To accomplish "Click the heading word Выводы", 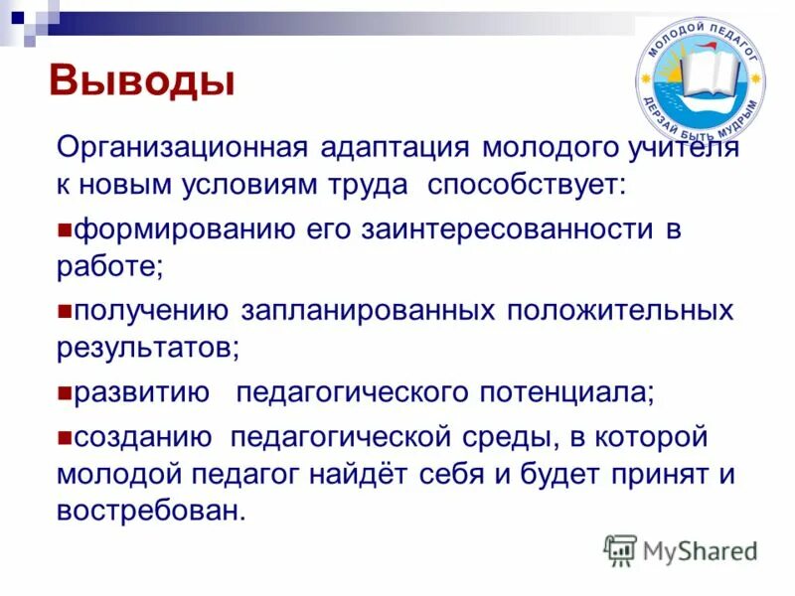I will point(142,80).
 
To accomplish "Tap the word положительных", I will point(621,311).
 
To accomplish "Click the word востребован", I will point(149,511).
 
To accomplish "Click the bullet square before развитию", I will point(65,392).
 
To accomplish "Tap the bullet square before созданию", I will point(65,437).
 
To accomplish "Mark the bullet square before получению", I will point(65,311).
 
